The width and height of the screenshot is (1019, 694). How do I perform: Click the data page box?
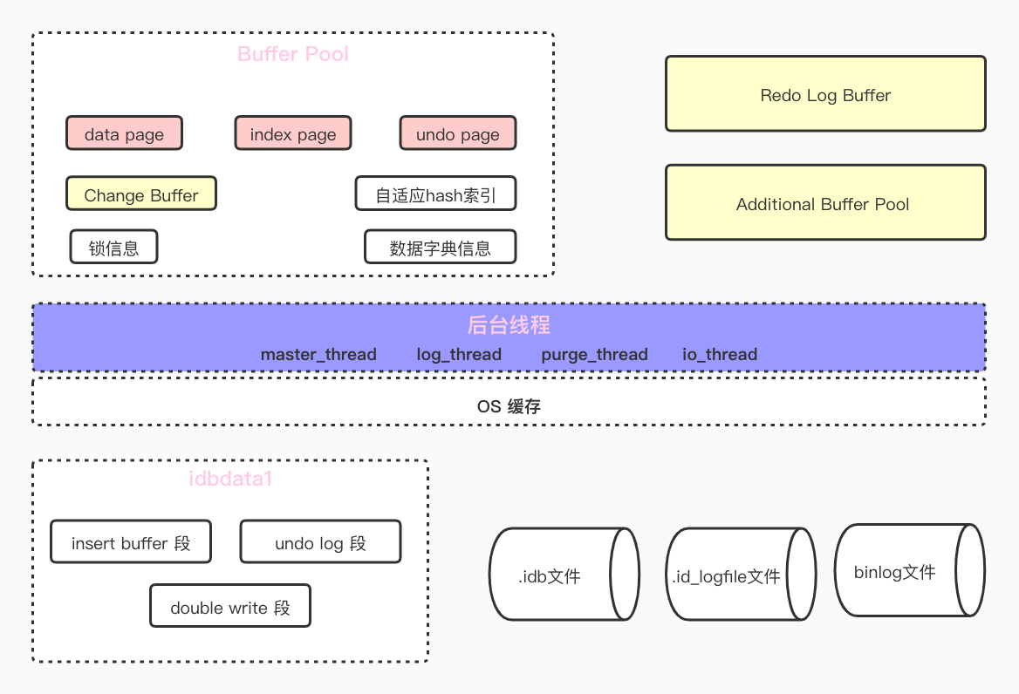coord(124,134)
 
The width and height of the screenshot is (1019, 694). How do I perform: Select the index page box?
coord(293,134)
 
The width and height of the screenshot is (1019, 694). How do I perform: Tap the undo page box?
coord(458,134)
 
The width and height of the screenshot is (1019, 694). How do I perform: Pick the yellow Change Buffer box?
coord(141,194)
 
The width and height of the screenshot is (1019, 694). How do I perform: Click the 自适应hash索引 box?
coord(435,194)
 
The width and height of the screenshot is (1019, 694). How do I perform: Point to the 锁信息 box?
coord(114,248)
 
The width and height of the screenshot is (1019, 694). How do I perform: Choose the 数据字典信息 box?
coord(440,248)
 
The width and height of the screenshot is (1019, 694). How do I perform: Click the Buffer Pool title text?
coord(293,54)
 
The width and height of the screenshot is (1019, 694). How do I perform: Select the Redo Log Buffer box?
coord(825,94)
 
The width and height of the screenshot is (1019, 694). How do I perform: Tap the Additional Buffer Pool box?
coord(825,203)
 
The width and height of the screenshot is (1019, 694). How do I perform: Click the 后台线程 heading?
coord(509,326)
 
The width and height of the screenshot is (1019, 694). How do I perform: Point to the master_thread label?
coord(318,355)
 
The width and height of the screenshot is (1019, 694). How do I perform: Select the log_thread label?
coord(459,355)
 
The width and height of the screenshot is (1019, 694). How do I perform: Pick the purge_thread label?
coord(594,355)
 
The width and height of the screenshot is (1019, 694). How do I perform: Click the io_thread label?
coord(720,355)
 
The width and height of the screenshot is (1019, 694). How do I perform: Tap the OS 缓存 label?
coord(509,406)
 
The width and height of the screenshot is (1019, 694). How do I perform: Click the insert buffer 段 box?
coord(131,543)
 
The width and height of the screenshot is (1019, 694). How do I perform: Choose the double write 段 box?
coord(230,607)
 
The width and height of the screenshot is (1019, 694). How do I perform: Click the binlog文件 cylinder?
coord(899,572)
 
